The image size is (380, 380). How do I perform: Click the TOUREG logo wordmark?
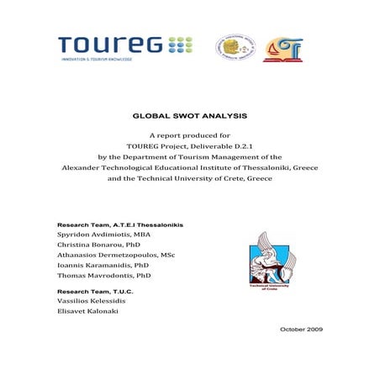[109, 44]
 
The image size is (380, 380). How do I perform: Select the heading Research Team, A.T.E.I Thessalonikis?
[119, 226]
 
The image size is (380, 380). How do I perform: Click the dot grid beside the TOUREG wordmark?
[180, 44]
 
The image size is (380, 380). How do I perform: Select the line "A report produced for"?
[189, 135]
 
